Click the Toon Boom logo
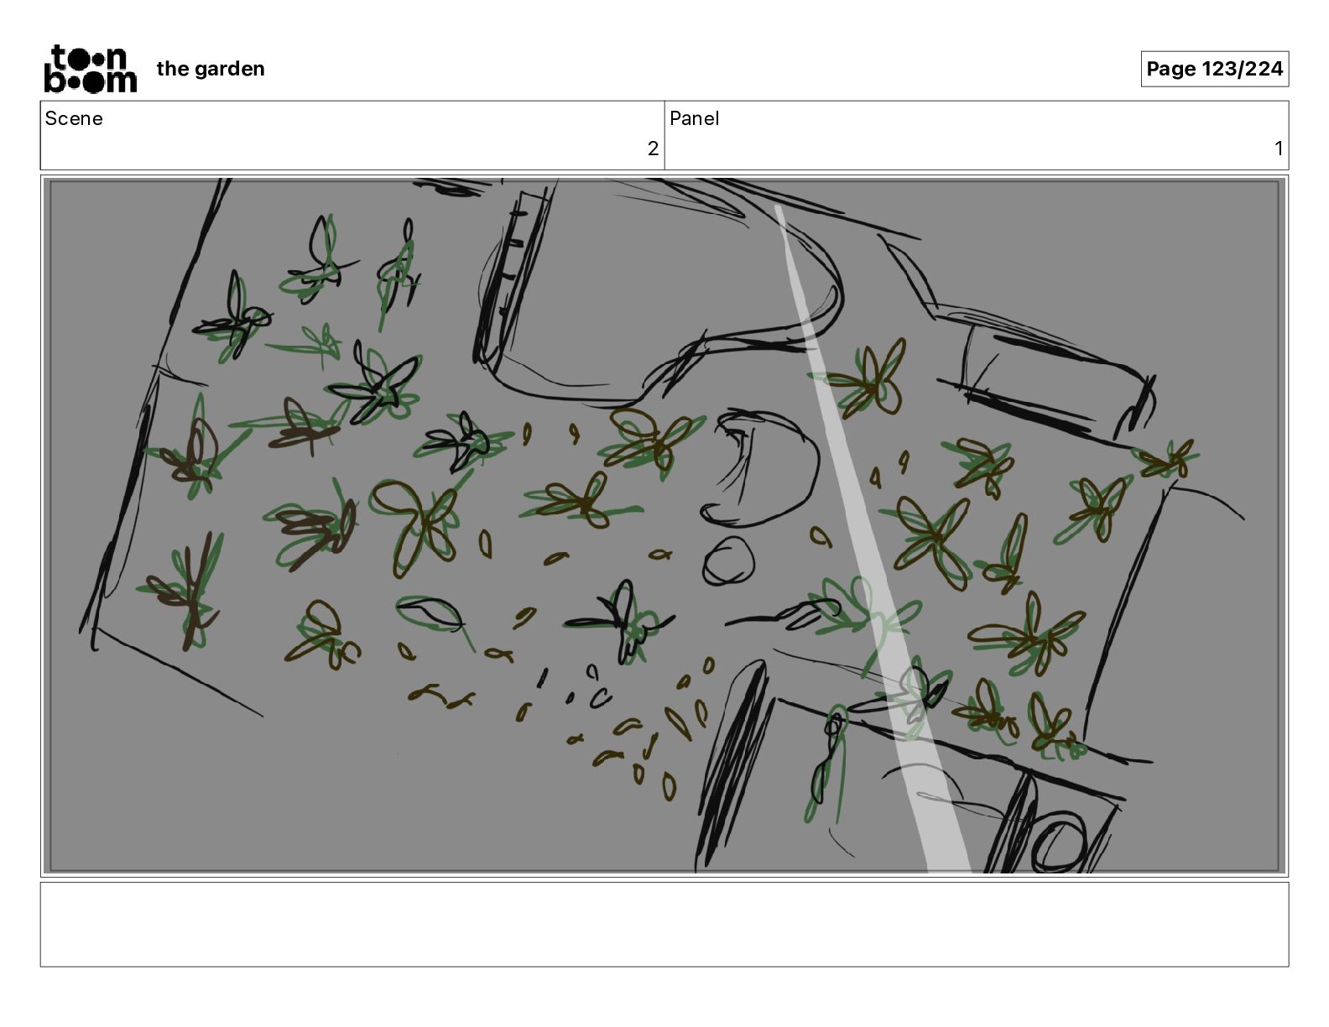[91, 69]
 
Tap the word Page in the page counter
[1170, 69]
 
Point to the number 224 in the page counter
[1263, 69]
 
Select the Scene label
[73, 118]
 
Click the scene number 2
[653, 149]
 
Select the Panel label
[694, 118]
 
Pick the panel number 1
[1278, 149]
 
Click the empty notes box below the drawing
[664, 925]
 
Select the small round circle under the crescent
[727, 561]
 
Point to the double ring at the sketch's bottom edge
[1056, 841]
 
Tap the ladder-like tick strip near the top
[511, 275]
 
